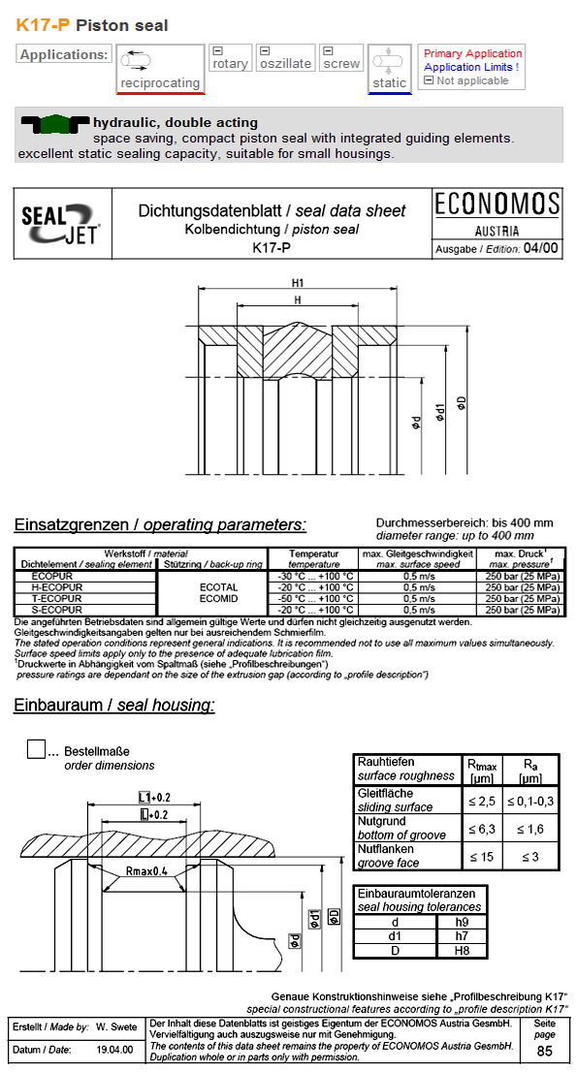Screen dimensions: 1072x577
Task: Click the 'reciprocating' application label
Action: point(160,84)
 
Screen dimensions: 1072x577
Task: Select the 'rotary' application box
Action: point(230,64)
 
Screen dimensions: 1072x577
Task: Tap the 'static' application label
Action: point(390,83)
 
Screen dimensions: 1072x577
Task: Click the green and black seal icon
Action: point(53,123)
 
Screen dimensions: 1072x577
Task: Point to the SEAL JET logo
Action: point(61,225)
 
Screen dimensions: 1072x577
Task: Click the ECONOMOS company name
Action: point(497,205)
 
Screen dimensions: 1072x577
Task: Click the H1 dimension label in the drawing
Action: point(299,283)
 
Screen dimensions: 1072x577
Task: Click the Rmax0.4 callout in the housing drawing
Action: point(146,871)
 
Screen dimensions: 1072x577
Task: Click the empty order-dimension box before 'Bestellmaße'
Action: point(37,749)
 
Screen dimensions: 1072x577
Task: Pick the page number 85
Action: point(545,1052)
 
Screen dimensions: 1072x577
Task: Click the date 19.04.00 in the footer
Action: point(115,1050)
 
